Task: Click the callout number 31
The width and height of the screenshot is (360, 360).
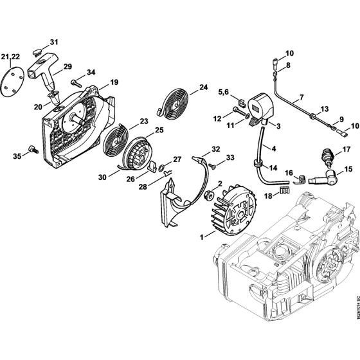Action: (x=54, y=42)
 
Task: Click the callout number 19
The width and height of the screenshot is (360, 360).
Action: (x=114, y=82)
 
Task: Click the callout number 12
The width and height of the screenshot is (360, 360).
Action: (x=217, y=118)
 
